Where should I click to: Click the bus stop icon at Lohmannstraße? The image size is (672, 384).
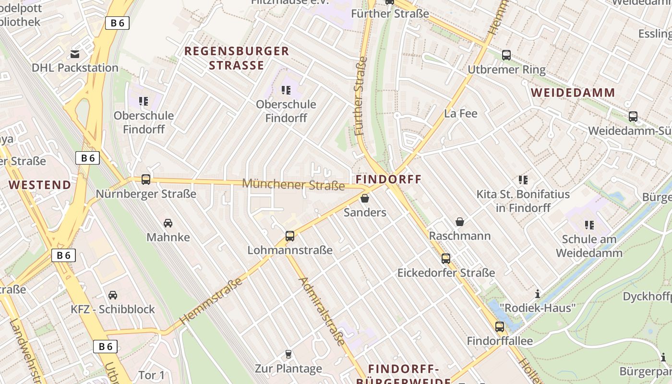pyautogui.click(x=289, y=236)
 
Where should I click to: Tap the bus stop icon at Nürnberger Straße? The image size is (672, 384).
pyautogui.click(x=146, y=180)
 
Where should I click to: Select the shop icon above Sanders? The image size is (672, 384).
pyautogui.click(x=365, y=198)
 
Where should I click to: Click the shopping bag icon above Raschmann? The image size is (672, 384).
pyautogui.click(x=460, y=222)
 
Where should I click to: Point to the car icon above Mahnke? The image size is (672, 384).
pyautogui.click(x=168, y=223)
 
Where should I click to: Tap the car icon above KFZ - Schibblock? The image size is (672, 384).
pyautogui.click(x=113, y=295)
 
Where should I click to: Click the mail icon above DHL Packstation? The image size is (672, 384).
pyautogui.click(x=75, y=54)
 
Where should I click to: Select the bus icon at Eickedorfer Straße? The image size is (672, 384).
pyautogui.click(x=446, y=259)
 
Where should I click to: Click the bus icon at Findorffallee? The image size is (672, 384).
pyautogui.click(x=500, y=327)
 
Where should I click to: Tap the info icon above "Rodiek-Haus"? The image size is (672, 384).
pyautogui.click(x=538, y=294)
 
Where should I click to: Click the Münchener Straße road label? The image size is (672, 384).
pyautogui.click(x=293, y=184)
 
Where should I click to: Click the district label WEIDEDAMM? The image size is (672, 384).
pyautogui.click(x=573, y=93)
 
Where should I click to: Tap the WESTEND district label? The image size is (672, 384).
pyautogui.click(x=40, y=185)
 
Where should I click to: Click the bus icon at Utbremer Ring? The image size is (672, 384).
pyautogui.click(x=506, y=55)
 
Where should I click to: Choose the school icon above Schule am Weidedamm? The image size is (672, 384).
pyautogui.click(x=589, y=225)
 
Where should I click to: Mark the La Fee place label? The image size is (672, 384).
pyautogui.click(x=461, y=114)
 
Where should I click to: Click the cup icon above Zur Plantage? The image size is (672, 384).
pyautogui.click(x=288, y=354)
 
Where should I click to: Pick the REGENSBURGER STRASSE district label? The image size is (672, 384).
pyautogui.click(x=237, y=58)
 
